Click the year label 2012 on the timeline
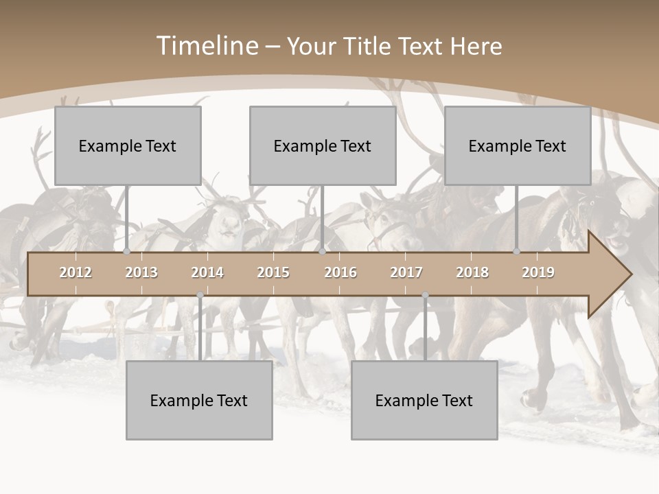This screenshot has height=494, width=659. coord(76,272)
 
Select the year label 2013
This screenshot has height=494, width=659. coord(141,272)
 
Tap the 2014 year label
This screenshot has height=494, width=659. coord(207,272)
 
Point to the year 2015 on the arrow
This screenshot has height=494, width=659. coord(273,272)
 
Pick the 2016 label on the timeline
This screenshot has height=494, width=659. coord(340,272)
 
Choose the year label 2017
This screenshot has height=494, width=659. coord(406,272)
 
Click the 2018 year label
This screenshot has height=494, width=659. coord(472,272)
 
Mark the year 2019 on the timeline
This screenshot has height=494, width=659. coord(538,272)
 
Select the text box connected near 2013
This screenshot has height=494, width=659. coord(128,145)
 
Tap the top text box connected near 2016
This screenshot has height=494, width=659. coord(323,145)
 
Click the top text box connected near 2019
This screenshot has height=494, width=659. coord(518,145)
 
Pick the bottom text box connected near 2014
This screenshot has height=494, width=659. coord(199,400)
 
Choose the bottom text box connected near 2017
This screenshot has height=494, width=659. coord(424,400)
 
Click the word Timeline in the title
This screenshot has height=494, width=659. coord(207,46)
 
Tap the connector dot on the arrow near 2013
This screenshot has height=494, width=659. coord(127,252)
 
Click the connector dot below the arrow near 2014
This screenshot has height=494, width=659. coord(200,295)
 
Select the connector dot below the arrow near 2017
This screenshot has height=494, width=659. coord(425,295)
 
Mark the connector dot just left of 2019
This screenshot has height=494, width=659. coord(517,252)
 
